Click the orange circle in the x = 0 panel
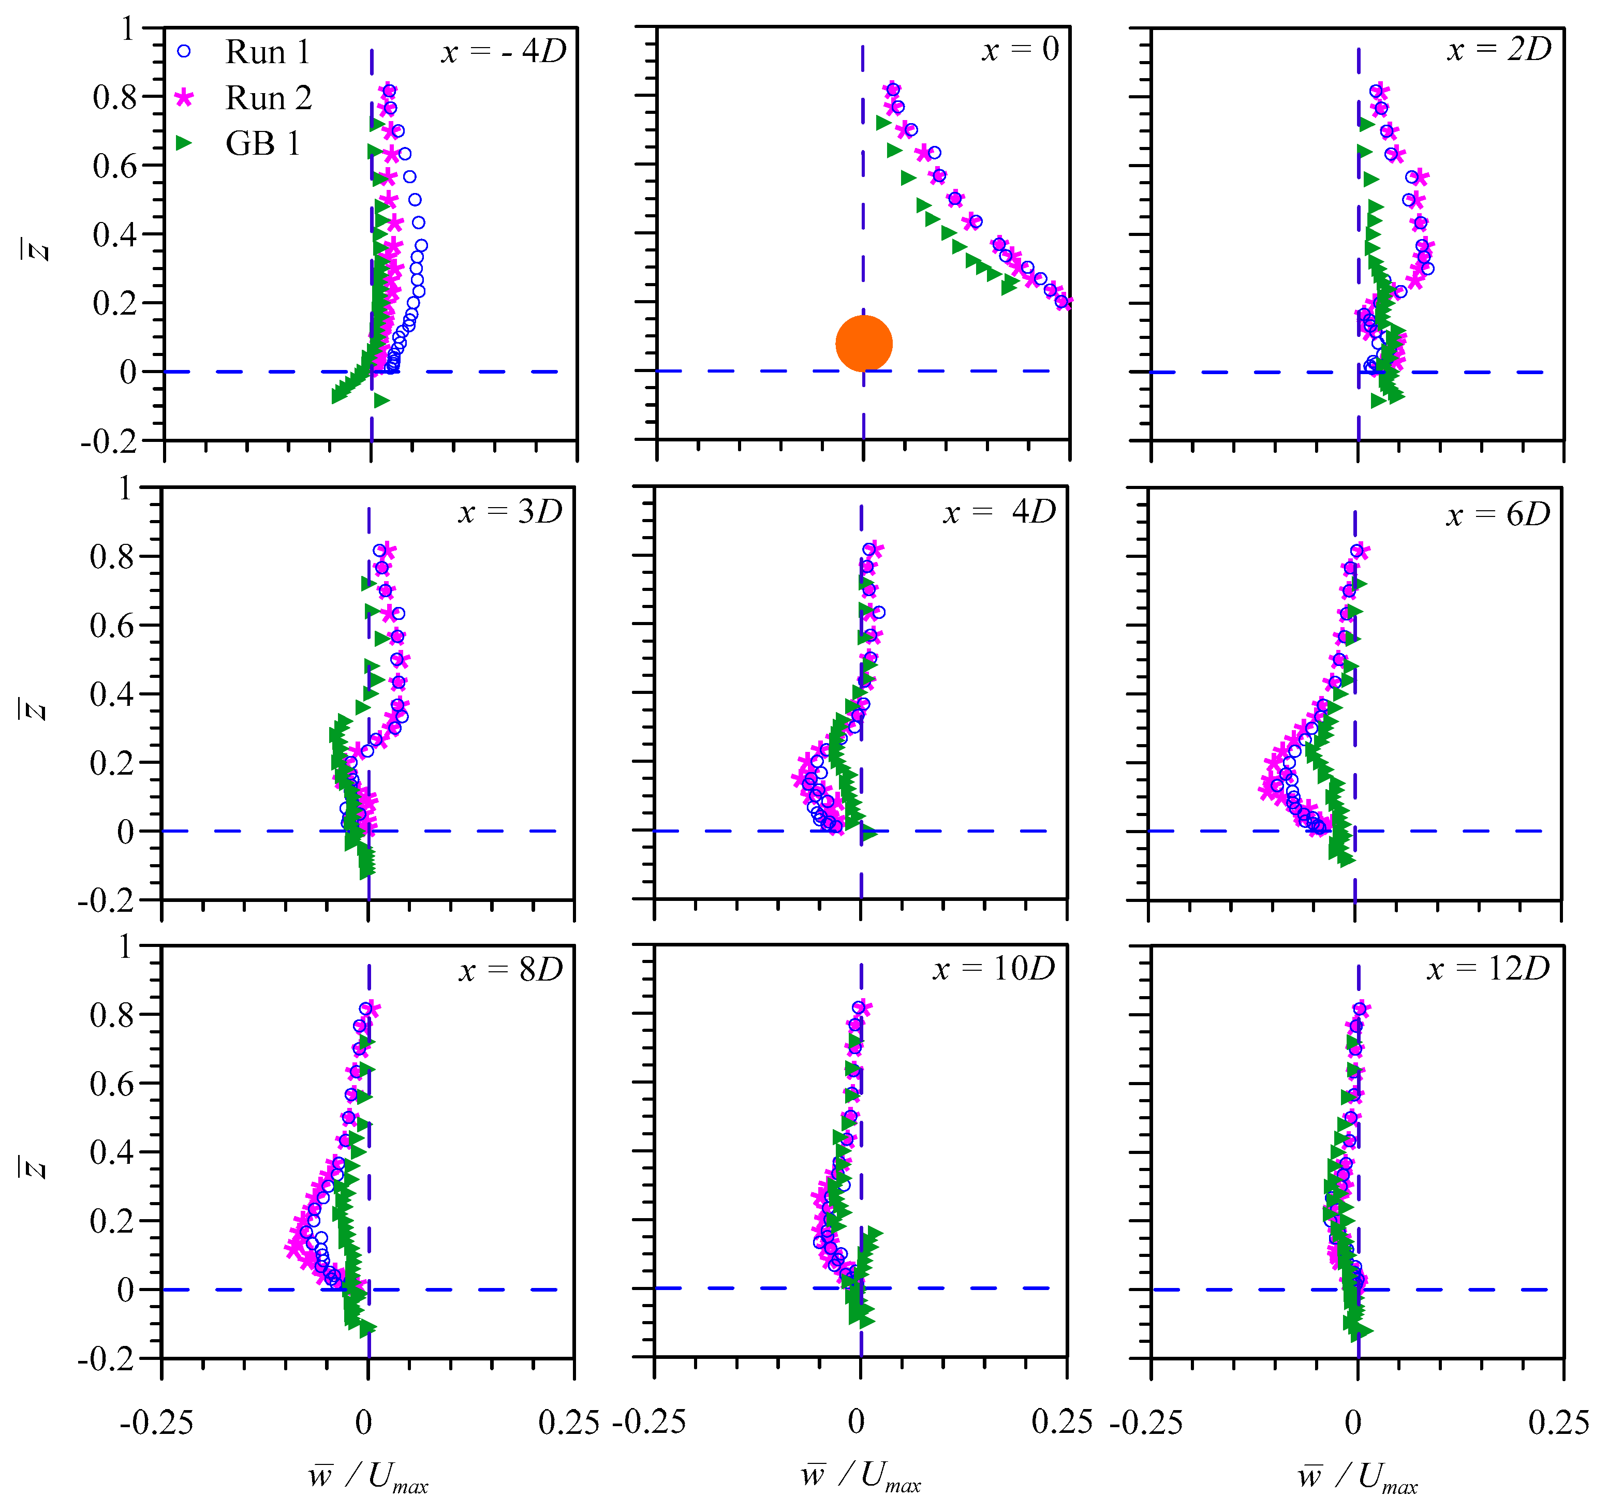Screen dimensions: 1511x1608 click(864, 344)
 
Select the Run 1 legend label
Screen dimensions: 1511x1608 click(267, 53)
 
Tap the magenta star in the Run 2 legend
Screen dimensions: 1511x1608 click(184, 98)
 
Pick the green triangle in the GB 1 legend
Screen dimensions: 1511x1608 click(184, 143)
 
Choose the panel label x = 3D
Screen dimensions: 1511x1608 click(510, 512)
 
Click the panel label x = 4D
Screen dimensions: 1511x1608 click(1000, 512)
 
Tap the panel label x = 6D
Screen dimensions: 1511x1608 click(1498, 514)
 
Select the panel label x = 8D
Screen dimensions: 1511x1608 click(510, 970)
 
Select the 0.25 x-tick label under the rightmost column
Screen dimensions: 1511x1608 click(1558, 1423)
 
